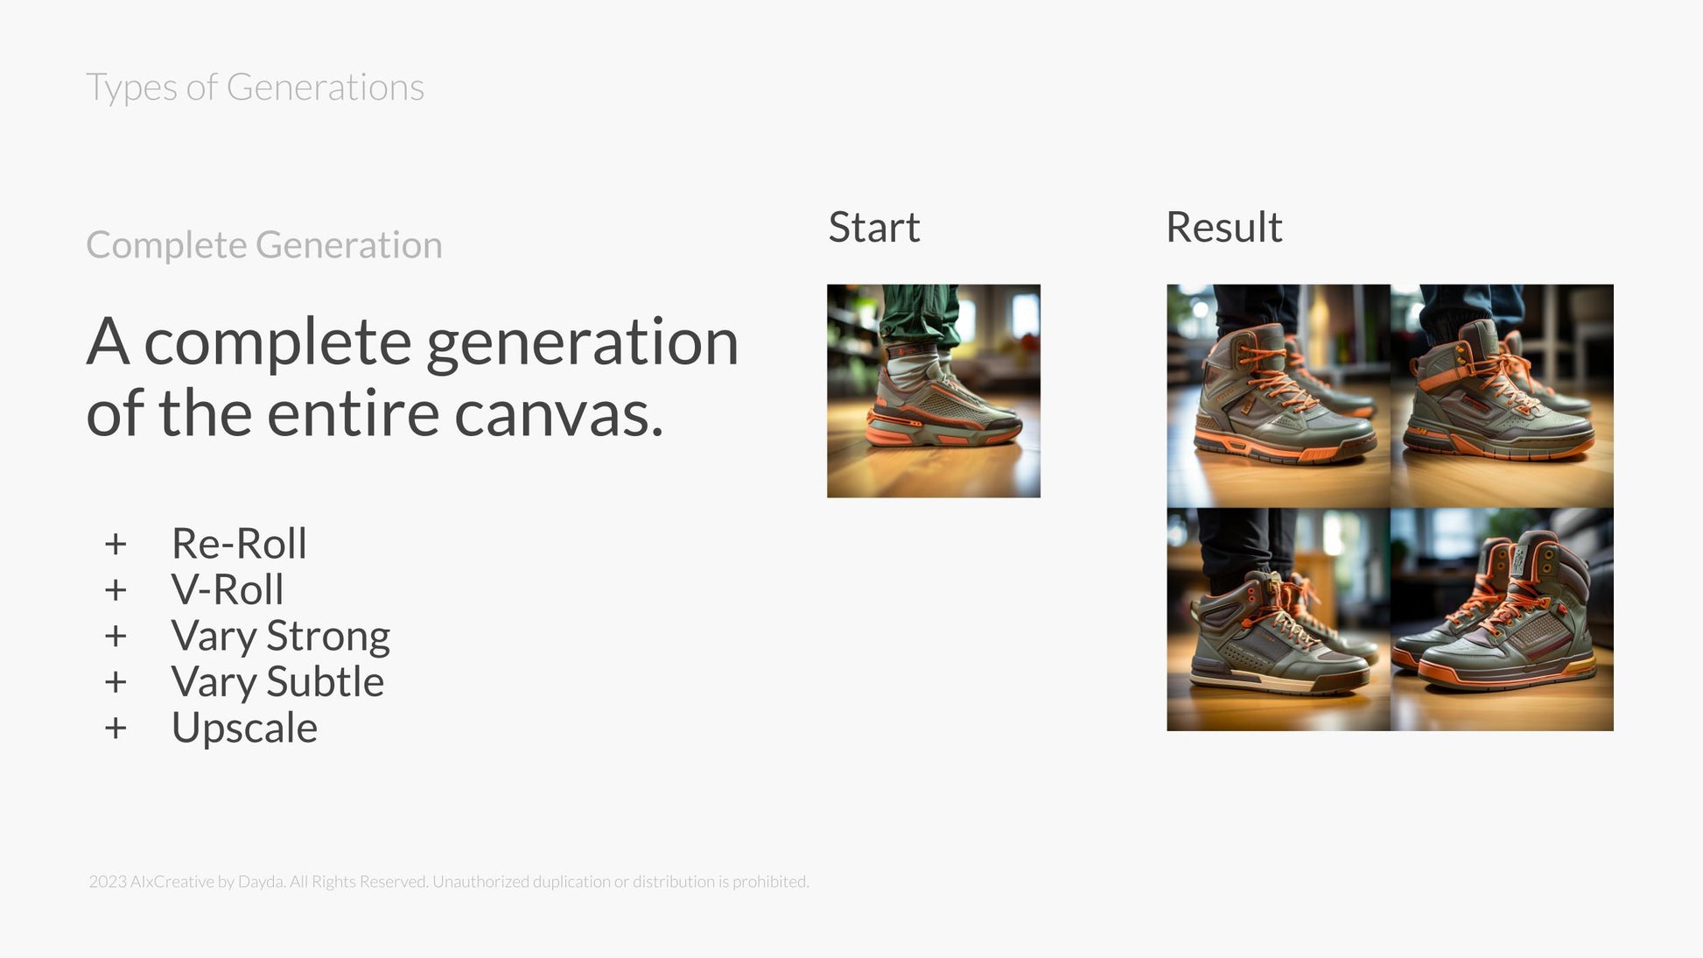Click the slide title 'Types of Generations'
pos(255,88)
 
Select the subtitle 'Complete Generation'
pos(264,244)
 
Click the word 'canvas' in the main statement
pos(558,413)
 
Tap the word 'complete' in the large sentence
pos(277,342)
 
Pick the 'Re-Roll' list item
pos(239,543)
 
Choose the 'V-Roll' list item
pos(228,589)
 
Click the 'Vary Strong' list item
pos(281,637)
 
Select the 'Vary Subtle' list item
pos(277,682)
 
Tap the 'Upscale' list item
pos(244,729)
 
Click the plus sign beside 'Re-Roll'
pos(116,544)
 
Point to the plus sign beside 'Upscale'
pos(116,728)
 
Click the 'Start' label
pos(873,227)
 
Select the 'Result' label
pos(1223,227)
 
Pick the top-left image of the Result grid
pos(1279,396)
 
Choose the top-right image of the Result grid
pos(1503,396)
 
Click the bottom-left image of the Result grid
pos(1279,619)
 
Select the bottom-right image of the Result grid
pos(1503,619)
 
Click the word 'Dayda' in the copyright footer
pos(261,882)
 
